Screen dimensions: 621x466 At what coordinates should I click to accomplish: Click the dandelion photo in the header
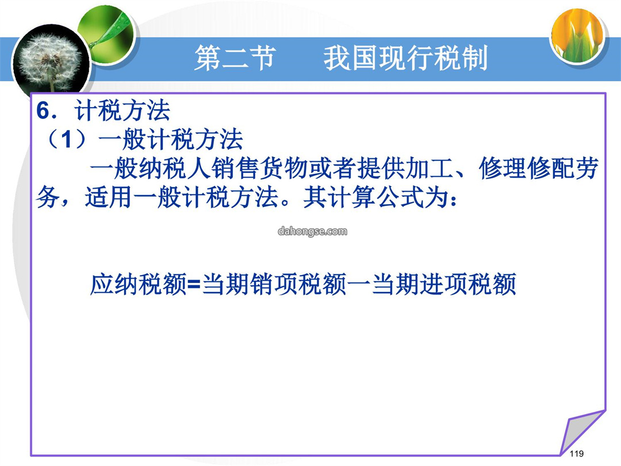[x=51, y=63]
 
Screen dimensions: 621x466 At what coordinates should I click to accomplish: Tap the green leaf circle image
[x=107, y=35]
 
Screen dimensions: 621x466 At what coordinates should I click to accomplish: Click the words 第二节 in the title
[x=235, y=58]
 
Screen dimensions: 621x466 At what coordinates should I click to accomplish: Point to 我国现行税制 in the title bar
[x=405, y=58]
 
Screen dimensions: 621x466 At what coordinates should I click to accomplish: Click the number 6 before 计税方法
[x=44, y=110]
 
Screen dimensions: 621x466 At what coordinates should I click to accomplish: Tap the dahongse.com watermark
[x=312, y=231]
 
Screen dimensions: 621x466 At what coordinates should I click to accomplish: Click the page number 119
[x=577, y=453]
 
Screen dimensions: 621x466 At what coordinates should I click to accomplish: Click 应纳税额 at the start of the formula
[x=138, y=284]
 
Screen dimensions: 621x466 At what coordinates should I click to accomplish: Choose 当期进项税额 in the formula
[x=444, y=284]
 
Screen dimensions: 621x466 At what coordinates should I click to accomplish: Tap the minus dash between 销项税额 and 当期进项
[x=359, y=284]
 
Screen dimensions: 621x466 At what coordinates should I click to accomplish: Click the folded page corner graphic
[x=582, y=433]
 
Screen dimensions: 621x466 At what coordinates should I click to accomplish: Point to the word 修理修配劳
[x=539, y=169]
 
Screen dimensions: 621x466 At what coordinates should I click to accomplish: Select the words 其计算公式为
[x=376, y=197]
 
